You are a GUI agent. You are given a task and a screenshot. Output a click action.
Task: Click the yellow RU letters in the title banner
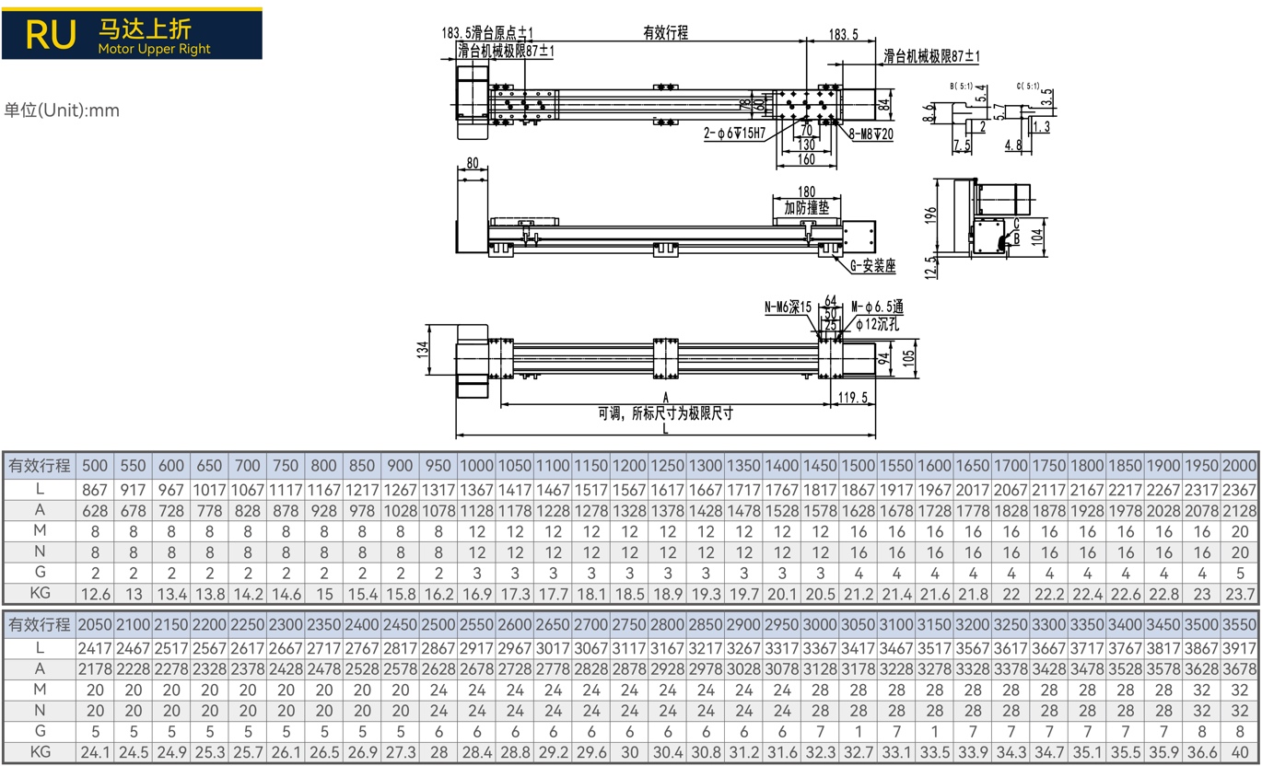tap(51, 35)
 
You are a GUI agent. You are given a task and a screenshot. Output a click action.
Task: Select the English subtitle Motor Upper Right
tap(155, 49)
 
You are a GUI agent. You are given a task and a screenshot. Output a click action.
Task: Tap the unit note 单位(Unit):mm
tap(62, 110)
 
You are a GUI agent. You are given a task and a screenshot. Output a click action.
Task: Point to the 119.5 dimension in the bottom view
tap(852, 398)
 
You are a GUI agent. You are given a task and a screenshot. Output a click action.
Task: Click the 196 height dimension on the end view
tap(930, 215)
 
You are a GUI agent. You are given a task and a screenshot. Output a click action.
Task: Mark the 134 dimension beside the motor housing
tap(423, 350)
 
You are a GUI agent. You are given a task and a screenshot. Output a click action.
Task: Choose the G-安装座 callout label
tap(872, 265)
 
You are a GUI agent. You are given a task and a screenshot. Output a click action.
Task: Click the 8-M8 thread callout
tap(871, 134)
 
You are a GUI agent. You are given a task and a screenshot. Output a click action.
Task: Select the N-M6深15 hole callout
tap(788, 307)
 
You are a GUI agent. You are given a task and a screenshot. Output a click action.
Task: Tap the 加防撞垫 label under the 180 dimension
tap(806, 208)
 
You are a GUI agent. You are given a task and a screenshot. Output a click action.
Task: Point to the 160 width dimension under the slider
tap(806, 159)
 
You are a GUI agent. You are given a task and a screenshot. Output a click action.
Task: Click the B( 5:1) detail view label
tap(961, 87)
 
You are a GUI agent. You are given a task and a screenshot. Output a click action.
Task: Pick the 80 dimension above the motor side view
tap(473, 163)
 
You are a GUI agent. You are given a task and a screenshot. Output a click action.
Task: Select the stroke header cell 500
tap(95, 466)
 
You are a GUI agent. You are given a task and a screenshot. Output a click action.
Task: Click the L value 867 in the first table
tap(95, 490)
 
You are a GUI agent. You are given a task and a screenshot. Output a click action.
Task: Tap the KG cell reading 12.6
tap(95, 594)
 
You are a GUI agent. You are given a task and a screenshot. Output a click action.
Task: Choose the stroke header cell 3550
tap(1240, 624)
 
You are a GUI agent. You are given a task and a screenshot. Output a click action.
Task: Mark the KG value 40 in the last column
tap(1240, 752)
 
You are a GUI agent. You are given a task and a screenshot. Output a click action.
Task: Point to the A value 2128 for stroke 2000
tap(1240, 511)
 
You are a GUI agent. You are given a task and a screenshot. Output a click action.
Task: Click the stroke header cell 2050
tap(95, 624)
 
